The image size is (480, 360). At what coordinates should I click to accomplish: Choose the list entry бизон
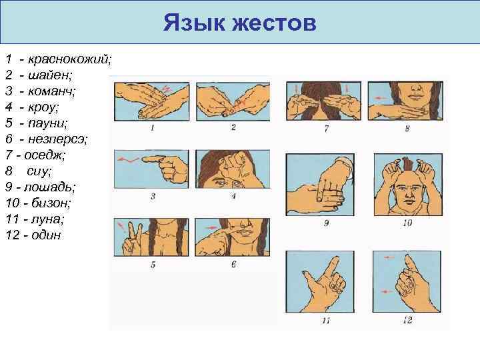[x=53, y=203]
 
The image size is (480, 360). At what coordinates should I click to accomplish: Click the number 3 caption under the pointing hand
[x=153, y=196]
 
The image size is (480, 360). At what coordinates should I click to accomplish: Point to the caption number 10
[x=407, y=223]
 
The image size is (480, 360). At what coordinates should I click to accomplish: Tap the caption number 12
[x=407, y=321]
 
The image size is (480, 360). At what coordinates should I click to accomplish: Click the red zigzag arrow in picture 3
[x=131, y=160]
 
